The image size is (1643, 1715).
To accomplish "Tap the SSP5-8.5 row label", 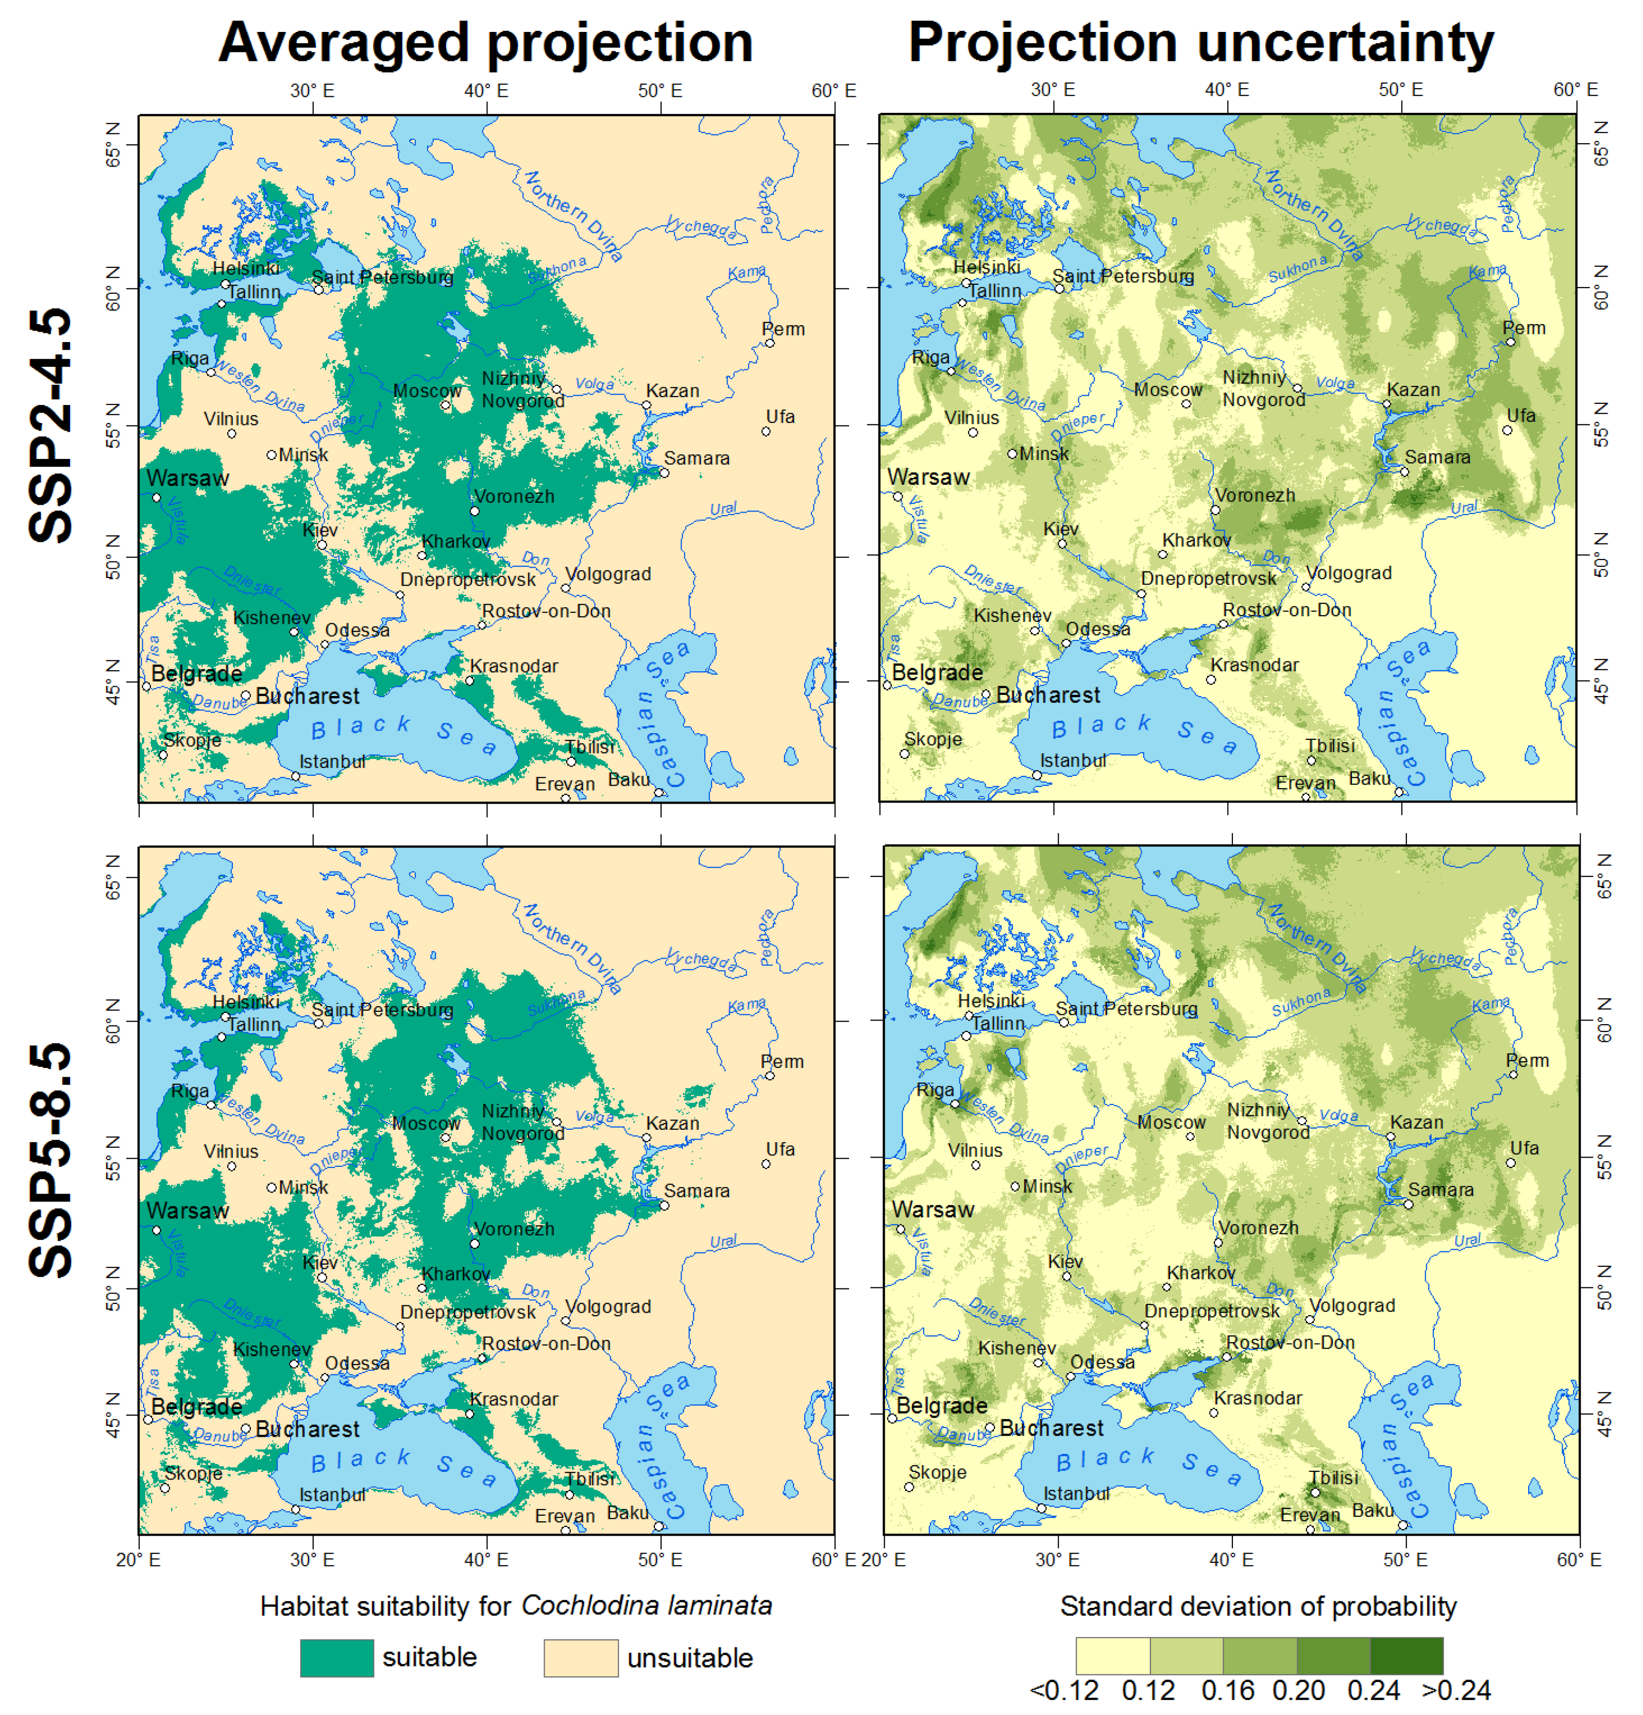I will coord(50,1159).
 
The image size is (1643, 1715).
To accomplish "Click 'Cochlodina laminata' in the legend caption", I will coord(647,1606).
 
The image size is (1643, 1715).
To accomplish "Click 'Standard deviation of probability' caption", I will coord(1258,1606).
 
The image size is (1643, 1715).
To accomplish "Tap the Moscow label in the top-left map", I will coord(427,391).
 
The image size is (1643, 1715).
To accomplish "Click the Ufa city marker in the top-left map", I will coord(766,431).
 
